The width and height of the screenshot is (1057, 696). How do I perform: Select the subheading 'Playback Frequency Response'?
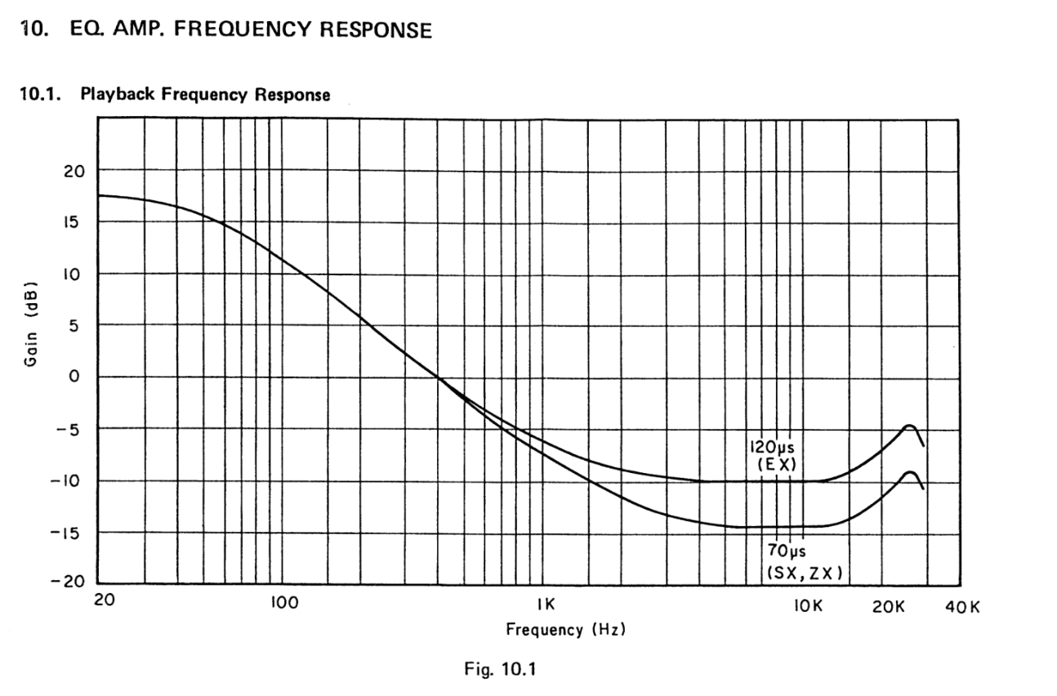[205, 95]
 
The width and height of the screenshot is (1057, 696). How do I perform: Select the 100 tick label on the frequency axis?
[283, 605]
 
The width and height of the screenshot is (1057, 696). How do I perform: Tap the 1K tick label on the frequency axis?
[546, 605]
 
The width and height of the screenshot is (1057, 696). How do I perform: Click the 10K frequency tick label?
[809, 605]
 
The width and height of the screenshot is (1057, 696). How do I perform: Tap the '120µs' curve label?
[772, 448]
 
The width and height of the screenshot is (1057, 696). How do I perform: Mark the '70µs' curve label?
[787, 551]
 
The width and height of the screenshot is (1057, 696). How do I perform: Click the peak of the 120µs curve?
[908, 426]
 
